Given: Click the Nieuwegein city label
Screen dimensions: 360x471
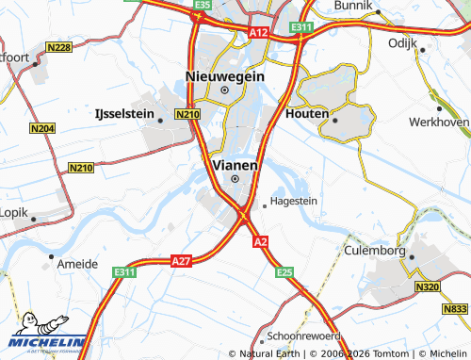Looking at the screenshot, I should click(224, 76).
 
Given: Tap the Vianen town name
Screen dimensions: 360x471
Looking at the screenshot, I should click(235, 163).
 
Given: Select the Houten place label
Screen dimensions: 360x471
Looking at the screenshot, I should click(305, 113).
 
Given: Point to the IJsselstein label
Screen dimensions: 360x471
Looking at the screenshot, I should click(124, 113).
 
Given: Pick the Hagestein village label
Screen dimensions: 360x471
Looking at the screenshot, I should click(293, 201).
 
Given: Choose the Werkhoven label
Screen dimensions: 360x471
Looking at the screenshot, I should click(439, 123).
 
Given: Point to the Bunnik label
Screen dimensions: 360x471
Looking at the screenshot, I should click(354, 6).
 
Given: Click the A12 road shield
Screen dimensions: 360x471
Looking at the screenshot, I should click(260, 33).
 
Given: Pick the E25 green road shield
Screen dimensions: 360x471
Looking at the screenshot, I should click(285, 272).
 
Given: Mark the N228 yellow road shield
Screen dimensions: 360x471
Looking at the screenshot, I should click(58, 47).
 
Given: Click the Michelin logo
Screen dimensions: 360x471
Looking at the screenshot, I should click(43, 334).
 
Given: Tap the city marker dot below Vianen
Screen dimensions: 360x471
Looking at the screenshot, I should click(235, 179).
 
